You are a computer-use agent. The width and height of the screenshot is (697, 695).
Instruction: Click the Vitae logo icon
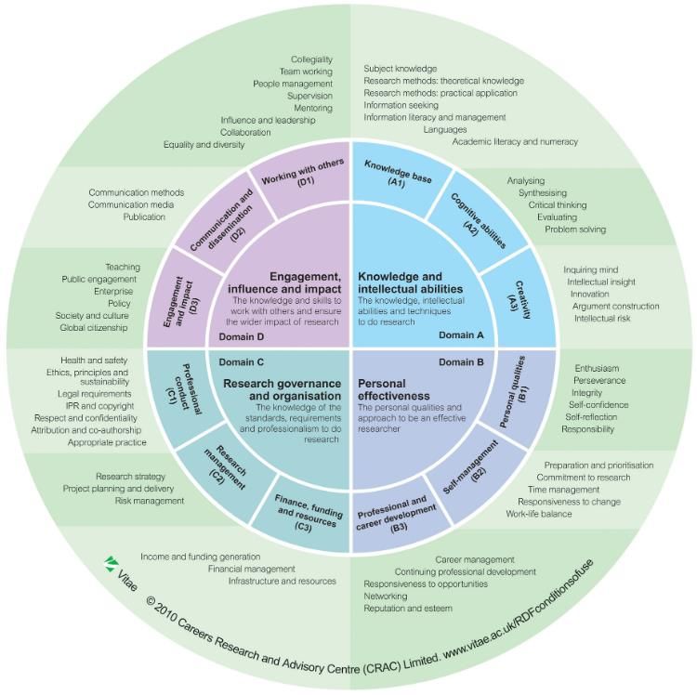pyautogui.click(x=111, y=563)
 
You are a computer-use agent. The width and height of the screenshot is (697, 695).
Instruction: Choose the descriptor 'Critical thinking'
pyautogui.click(x=558, y=204)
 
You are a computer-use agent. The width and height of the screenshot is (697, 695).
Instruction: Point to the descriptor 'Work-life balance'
pyautogui.click(x=538, y=514)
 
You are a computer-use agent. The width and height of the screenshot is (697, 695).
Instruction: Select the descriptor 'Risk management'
pyautogui.click(x=149, y=501)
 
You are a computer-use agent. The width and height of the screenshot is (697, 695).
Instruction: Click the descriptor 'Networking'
pyautogui.click(x=386, y=597)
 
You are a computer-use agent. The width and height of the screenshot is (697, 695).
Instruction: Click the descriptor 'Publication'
pyautogui.click(x=144, y=216)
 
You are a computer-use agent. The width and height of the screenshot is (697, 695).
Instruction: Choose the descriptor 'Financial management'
pyautogui.click(x=252, y=569)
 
